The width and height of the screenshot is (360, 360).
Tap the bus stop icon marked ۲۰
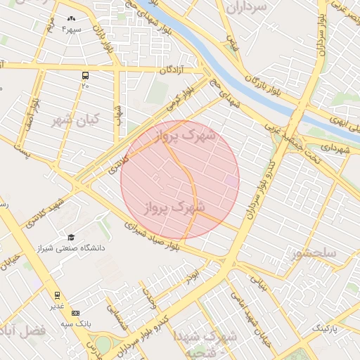85,75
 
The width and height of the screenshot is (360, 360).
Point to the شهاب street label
120,114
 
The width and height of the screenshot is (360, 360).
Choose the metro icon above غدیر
56,295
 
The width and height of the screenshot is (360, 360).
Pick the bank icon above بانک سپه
76,313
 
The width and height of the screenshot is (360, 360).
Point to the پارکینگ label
324,328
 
